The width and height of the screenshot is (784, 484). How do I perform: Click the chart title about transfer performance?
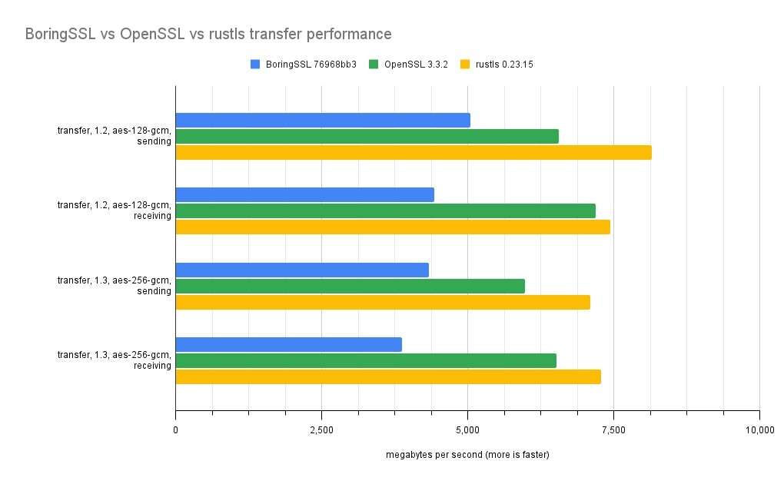coord(208,35)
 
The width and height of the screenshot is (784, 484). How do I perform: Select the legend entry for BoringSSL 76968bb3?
coord(304,65)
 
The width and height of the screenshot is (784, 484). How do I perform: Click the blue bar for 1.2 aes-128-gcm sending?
coord(323,120)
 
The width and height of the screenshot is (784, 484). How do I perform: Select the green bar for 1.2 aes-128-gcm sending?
coord(367,136)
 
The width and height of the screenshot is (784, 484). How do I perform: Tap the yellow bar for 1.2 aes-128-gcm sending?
coord(414,152)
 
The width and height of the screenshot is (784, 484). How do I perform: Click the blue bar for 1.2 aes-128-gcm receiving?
coord(304,194)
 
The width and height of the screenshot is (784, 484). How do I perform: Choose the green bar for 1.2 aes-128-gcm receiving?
coord(385,211)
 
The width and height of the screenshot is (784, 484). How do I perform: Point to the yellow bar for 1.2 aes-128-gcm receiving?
coord(393,227)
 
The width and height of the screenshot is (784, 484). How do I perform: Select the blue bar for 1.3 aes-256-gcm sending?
coord(302,270)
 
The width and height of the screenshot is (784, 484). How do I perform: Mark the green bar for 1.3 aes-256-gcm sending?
coord(350,286)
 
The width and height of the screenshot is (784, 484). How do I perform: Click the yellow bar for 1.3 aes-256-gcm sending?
coord(383,302)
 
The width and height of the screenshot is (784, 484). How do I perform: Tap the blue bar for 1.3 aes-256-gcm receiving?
coord(288,344)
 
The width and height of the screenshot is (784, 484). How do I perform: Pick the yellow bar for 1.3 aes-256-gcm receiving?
coord(388,376)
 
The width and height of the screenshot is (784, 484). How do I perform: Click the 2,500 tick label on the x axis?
coord(321,429)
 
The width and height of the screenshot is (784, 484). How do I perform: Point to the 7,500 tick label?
coord(613,429)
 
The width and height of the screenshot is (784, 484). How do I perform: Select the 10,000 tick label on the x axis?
coord(759,429)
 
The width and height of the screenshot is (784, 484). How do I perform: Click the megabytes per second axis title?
coord(467,455)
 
